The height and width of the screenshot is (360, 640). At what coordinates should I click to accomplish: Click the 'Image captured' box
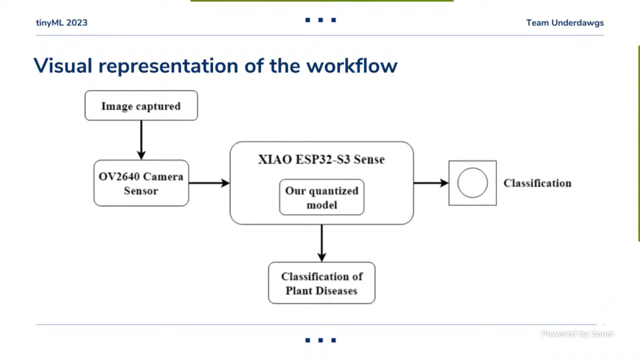point(141,106)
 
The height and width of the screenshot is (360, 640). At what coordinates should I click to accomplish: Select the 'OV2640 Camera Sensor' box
point(141,183)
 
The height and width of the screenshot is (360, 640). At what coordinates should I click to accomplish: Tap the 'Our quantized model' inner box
point(321,198)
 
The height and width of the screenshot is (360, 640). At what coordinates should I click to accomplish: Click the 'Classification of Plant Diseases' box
point(321,283)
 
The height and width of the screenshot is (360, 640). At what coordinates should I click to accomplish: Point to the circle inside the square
point(472,183)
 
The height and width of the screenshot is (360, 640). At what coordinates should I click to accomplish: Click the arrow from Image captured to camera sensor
point(141,140)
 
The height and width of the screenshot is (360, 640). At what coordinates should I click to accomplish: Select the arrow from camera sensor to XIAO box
point(209,183)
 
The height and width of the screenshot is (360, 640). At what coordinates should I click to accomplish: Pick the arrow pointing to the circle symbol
point(431,183)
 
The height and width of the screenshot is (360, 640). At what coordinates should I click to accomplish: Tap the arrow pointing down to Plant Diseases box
point(321,242)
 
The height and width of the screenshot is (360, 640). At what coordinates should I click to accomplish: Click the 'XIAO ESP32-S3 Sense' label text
point(321,160)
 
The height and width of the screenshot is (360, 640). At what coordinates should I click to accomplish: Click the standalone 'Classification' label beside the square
point(537,183)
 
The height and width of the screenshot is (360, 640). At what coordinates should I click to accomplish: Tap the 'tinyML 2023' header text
point(62,23)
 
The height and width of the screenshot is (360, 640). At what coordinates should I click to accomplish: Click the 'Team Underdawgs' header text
point(565,23)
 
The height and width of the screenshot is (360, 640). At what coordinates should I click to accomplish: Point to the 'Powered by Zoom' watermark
point(577,334)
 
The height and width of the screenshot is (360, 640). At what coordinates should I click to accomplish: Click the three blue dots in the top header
point(321,21)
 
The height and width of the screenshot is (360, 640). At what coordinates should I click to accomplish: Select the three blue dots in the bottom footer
point(321,340)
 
